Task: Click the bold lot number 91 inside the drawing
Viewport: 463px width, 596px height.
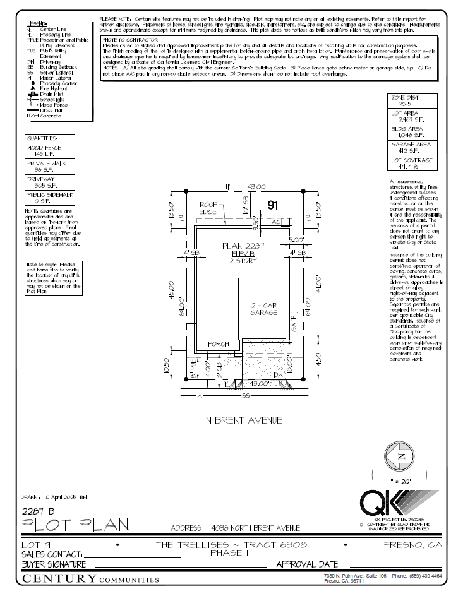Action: pyautogui.click(x=273, y=205)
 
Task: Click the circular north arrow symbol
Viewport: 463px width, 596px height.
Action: pyautogui.click(x=400, y=457)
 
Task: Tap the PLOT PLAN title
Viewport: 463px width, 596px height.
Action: pyautogui.click(x=75, y=524)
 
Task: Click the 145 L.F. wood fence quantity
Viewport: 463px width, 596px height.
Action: pyautogui.click(x=39, y=153)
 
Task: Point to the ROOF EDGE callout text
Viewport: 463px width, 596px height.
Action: pyautogui.click(x=208, y=208)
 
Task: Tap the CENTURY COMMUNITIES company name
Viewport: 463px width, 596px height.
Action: pyautogui.click(x=90, y=579)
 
